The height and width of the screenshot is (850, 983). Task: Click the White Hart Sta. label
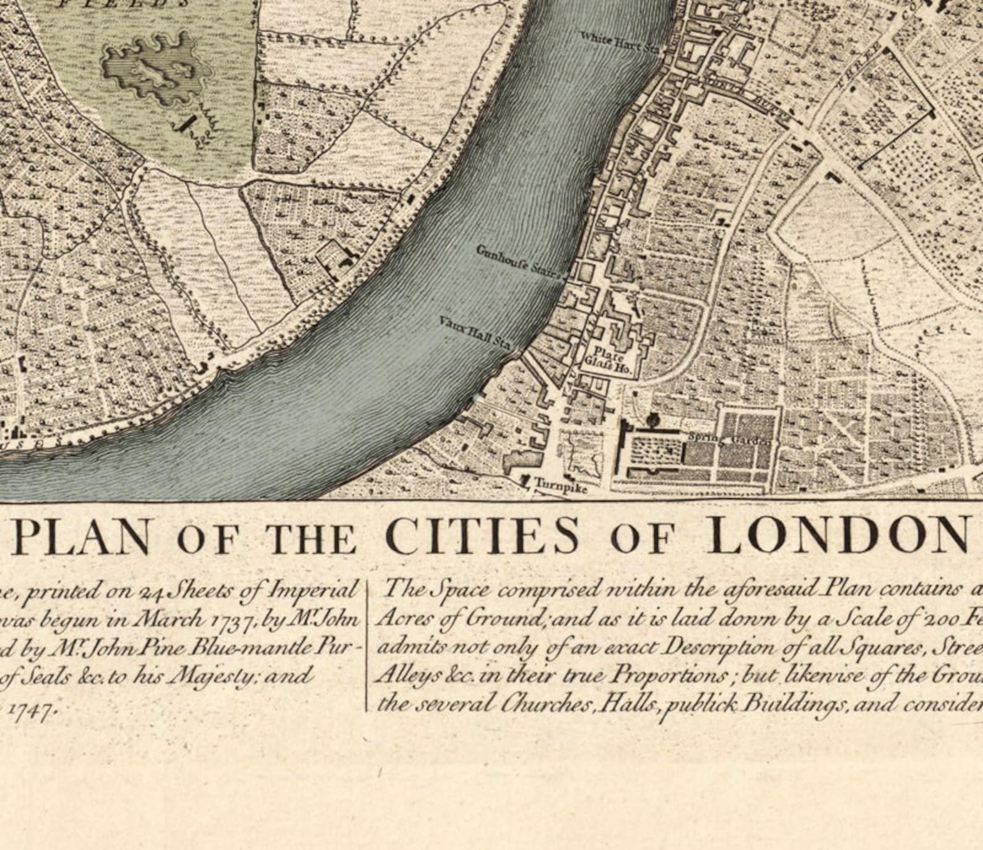point(618,41)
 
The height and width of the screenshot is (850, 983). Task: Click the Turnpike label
point(560,484)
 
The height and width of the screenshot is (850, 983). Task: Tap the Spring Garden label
point(729,439)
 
